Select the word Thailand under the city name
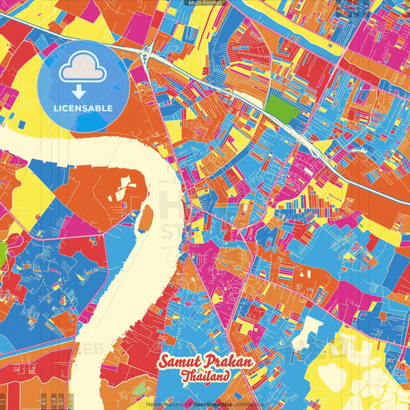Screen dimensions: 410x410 pyautogui.click(x=205, y=377)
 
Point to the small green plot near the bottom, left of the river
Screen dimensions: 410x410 pyautogui.click(x=139, y=389)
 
